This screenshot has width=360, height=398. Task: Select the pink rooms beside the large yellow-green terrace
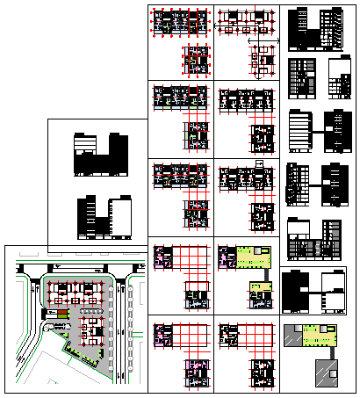[x=225, y=256]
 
